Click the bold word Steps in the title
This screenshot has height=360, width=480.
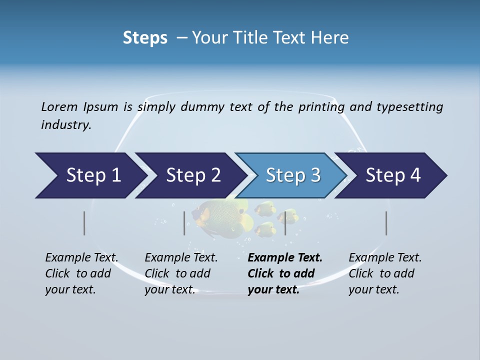click(x=145, y=38)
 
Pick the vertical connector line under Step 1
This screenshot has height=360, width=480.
click(x=84, y=223)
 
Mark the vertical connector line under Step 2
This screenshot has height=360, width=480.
click(x=184, y=223)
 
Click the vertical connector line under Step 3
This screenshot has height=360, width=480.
click(x=285, y=223)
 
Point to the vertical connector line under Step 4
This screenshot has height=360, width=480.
click(x=386, y=223)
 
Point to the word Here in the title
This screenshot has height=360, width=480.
click(x=329, y=38)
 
